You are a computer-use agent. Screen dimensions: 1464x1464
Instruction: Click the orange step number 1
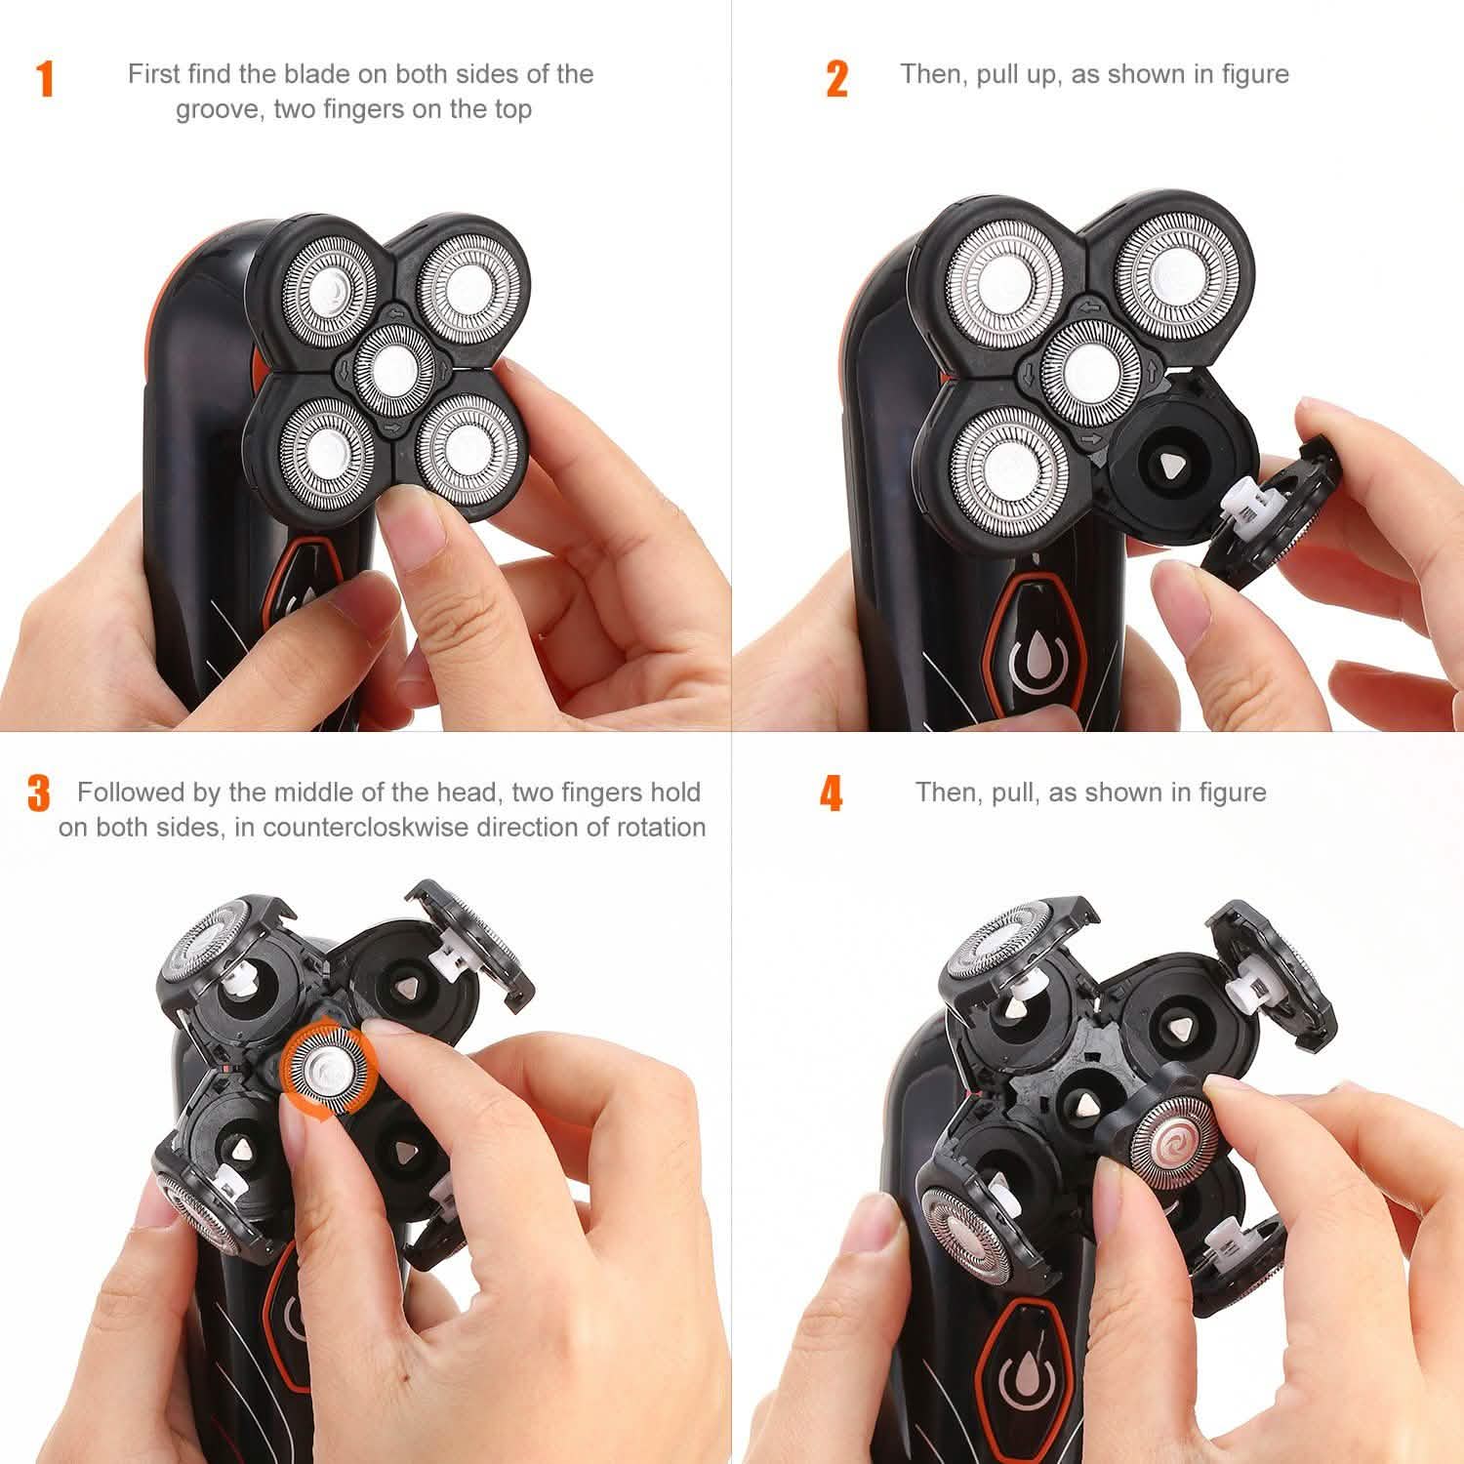click(45, 79)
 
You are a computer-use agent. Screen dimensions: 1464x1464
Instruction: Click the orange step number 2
click(836, 79)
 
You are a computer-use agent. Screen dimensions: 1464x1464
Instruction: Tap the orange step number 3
click(39, 793)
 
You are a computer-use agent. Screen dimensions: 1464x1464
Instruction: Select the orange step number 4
click(831, 793)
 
